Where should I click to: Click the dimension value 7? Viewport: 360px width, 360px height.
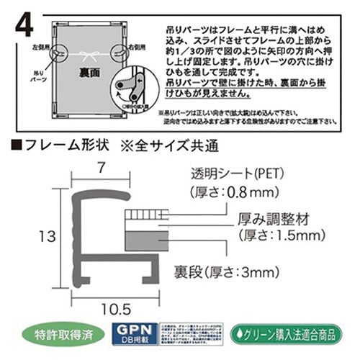[101, 168]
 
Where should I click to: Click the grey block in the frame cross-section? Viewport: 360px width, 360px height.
[138, 239]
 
